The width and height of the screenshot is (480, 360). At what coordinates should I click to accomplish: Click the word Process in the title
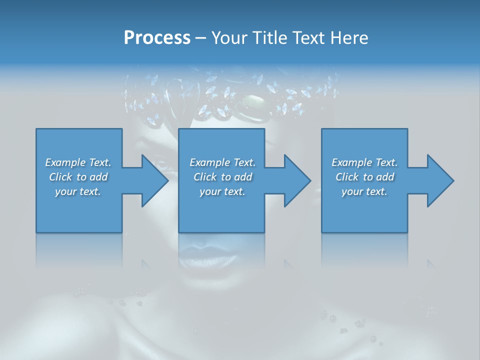pos(157,38)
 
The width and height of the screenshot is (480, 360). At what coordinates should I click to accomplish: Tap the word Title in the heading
pos(273,38)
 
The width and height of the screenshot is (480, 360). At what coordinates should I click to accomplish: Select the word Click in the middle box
pos(205,177)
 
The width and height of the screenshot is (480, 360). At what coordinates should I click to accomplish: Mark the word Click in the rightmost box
pos(347,177)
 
